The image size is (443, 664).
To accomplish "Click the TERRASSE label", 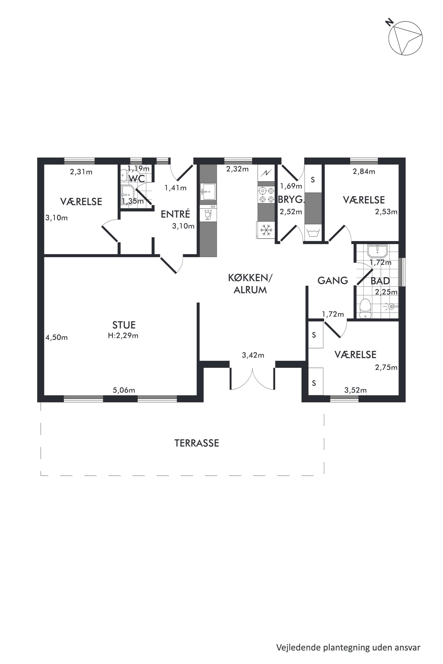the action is (197, 443).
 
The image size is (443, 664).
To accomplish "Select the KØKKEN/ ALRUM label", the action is (250, 284).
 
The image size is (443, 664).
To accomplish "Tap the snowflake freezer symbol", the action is (266, 230).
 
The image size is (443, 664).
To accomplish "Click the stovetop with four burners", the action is (266, 195).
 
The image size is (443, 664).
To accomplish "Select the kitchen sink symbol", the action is (208, 192).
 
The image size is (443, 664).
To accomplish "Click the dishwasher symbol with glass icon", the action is (208, 214).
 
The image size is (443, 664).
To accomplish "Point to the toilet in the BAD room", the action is (365, 309).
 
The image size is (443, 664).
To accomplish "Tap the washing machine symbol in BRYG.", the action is (313, 233).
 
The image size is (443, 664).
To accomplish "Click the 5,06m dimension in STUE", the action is (124, 390).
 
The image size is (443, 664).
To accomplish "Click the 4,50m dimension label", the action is (56, 337).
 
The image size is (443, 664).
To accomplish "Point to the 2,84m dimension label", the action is (364, 171).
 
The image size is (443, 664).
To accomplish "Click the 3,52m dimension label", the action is (355, 390).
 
